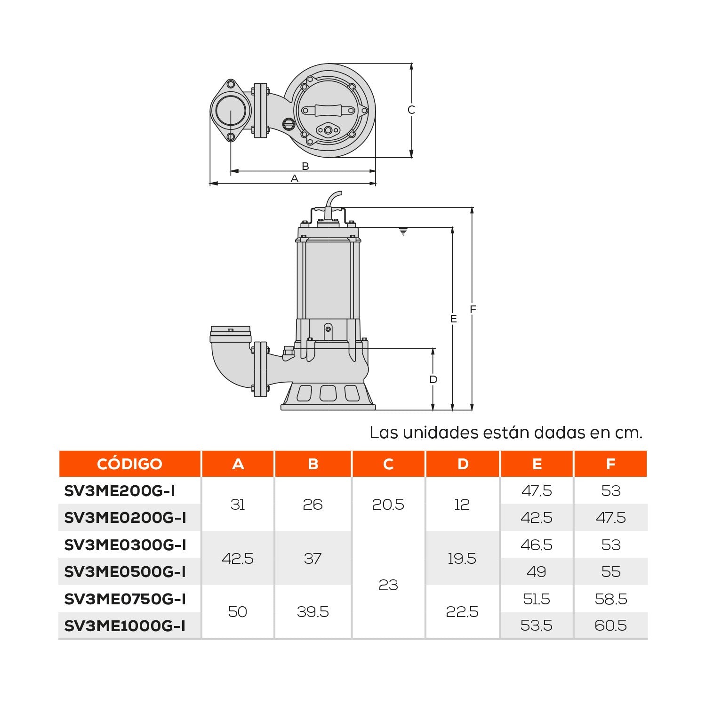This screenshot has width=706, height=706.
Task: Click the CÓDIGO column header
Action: point(129,464)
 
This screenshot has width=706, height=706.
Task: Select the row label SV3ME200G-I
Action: point(120,491)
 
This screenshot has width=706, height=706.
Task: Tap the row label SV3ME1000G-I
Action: point(125,626)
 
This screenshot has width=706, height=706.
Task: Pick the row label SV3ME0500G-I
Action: point(125,571)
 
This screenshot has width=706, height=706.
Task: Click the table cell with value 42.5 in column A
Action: point(238,558)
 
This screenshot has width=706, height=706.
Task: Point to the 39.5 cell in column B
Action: point(313,612)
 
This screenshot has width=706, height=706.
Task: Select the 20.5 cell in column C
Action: point(388,505)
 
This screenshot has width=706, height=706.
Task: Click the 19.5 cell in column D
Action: point(462,558)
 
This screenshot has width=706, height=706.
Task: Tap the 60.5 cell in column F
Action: point(610,626)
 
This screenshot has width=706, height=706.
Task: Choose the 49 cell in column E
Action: point(536,571)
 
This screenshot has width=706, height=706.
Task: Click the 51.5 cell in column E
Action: point(536,599)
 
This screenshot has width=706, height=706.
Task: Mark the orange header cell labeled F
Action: point(610,464)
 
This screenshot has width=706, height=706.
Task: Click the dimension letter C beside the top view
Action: point(411,110)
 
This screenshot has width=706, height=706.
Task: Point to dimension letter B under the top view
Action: point(305,166)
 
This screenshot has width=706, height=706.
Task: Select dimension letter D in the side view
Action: point(433,379)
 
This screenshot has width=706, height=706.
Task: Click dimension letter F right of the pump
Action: point(473,309)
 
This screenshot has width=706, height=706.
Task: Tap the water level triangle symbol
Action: point(403,232)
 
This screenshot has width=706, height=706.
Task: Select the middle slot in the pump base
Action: point(328,393)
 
